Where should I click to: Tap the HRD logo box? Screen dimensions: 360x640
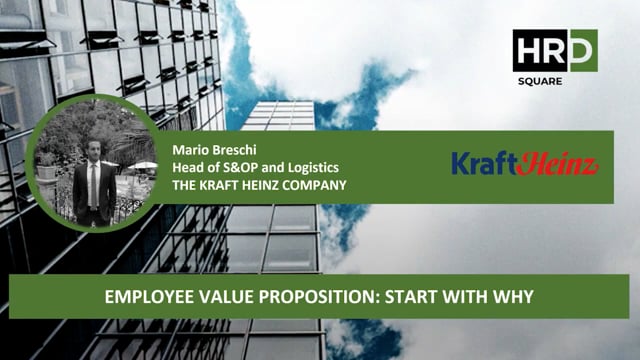[x=555, y=50]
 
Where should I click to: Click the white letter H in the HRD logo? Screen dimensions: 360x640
[x=528, y=50]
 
